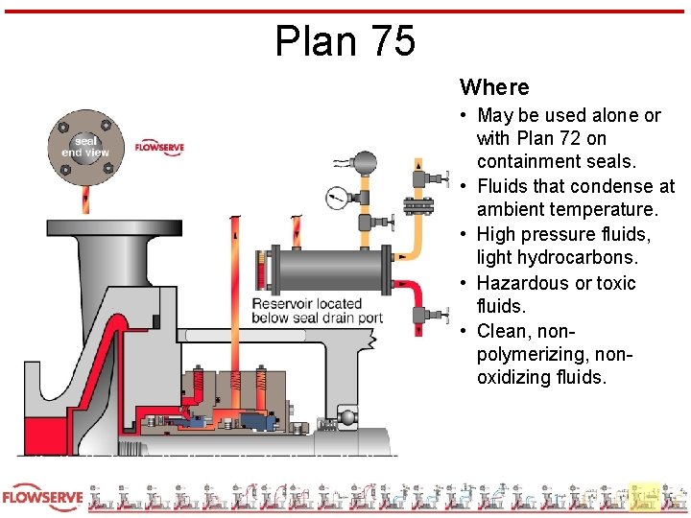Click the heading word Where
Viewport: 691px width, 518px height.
click(494, 87)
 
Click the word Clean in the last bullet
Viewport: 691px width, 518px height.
click(510, 331)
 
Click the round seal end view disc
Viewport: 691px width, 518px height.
click(85, 147)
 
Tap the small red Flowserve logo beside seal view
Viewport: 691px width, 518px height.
click(159, 148)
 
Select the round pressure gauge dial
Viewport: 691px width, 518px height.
click(337, 199)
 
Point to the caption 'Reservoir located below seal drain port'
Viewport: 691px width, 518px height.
click(318, 311)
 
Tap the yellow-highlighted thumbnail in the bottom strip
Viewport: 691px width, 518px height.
click(646, 496)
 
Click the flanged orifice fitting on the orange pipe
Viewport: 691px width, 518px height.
click(417, 208)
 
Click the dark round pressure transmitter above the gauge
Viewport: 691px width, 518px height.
click(365, 162)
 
